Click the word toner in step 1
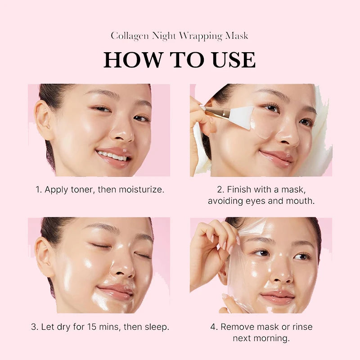[84, 189]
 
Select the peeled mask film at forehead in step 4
[252, 228]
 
